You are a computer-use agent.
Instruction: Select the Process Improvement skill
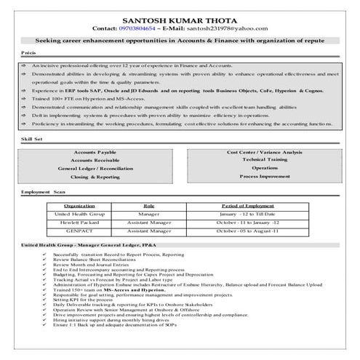[265, 177]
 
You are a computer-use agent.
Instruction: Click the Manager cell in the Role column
[149, 215]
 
